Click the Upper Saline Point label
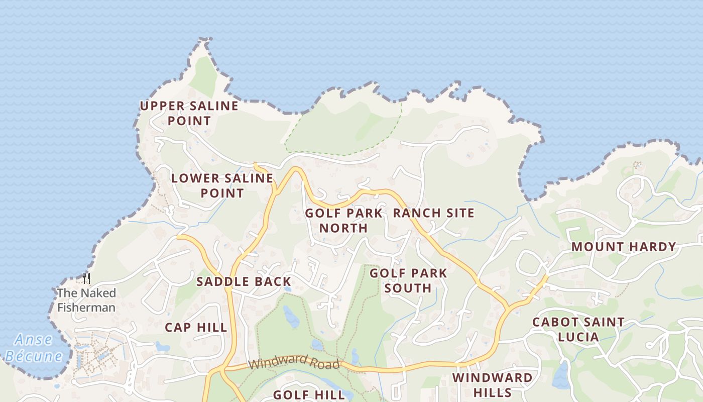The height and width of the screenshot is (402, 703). coord(189,113)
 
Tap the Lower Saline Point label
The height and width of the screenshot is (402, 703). coord(222,185)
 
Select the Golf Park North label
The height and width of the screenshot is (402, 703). coord(343,220)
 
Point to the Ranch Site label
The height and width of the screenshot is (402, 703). coord(433,213)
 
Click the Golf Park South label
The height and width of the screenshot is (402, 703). coord(408,280)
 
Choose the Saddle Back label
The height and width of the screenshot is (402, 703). coord(244,281)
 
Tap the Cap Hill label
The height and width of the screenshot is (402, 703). coord(196,328)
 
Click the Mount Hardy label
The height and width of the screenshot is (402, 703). coord(624,247)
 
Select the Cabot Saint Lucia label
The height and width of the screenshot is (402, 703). coord(578,329)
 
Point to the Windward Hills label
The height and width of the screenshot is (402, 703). coord(492,385)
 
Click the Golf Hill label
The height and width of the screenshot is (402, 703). coord(309,395)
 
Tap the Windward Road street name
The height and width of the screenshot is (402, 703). coord(294,363)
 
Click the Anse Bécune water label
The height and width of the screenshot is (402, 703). coord(34,348)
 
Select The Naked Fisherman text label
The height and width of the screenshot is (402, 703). coord(86,300)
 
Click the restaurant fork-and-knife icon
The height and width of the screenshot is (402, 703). coord(86,278)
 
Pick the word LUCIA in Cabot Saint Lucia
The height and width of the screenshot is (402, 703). coord(578,337)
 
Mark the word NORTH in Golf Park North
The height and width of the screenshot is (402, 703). coord(343,228)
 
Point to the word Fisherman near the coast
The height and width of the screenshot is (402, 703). coord(86,308)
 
